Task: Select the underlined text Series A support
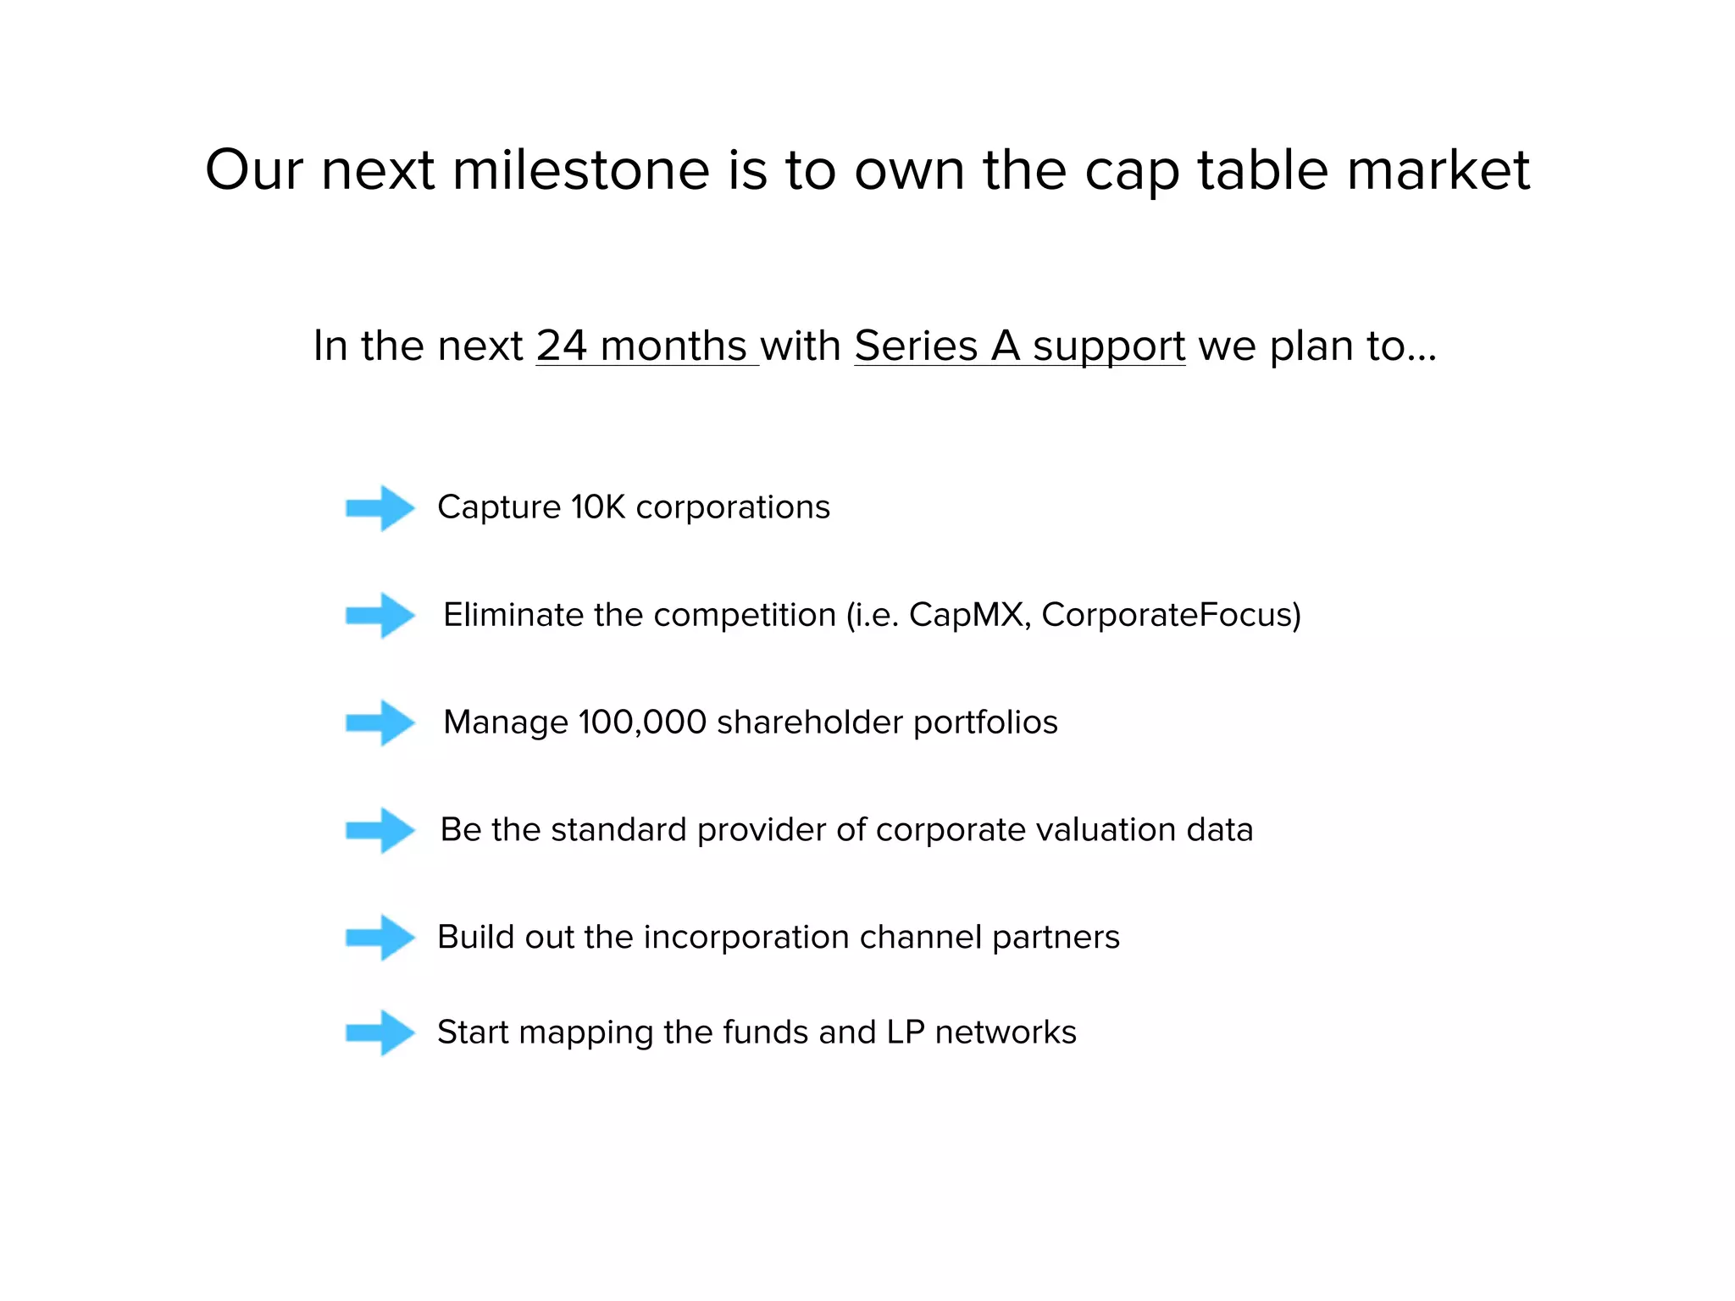(1019, 346)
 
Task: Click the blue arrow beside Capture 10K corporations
(380, 508)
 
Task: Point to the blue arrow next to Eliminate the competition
(380, 615)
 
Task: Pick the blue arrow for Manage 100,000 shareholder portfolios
(380, 722)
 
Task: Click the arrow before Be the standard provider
(380, 830)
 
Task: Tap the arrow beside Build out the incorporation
(380, 938)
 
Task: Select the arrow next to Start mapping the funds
(380, 1032)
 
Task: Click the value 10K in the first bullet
(597, 507)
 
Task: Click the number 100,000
(642, 722)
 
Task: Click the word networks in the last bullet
(1006, 1032)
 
